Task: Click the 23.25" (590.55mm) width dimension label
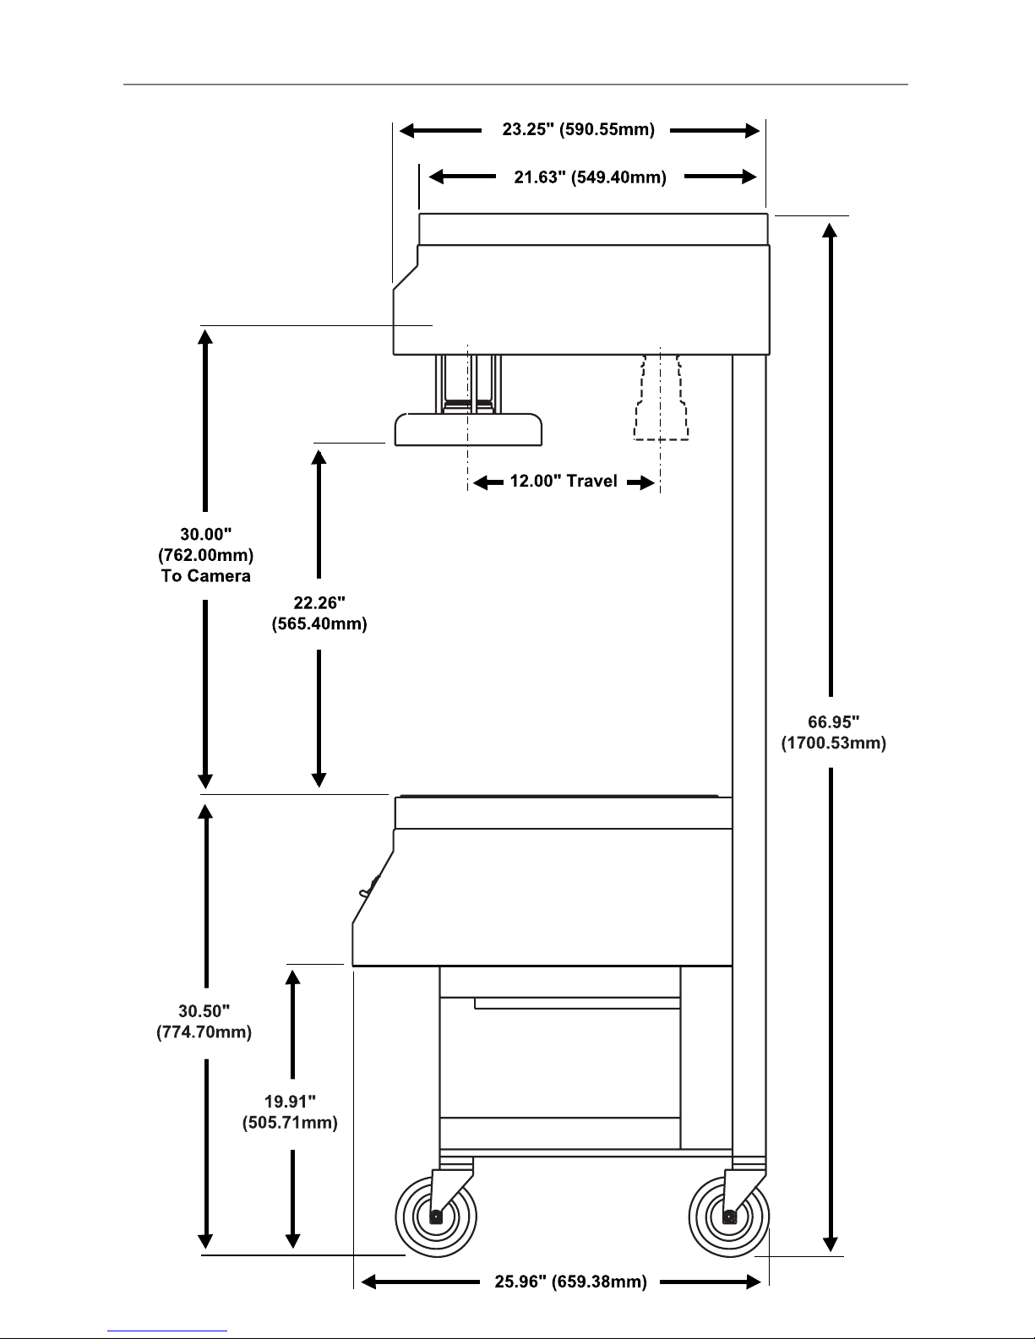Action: click(579, 130)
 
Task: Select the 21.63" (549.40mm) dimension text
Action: click(591, 177)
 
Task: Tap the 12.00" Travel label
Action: click(564, 482)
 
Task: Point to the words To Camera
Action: click(206, 576)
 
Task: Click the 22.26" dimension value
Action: click(319, 602)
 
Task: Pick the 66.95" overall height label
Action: click(834, 721)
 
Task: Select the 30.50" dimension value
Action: click(204, 1011)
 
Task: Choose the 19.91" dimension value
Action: click(290, 1101)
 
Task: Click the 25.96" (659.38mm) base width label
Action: click(570, 1282)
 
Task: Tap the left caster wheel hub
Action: click(436, 1217)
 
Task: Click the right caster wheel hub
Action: click(729, 1217)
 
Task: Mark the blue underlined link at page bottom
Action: click(167, 1331)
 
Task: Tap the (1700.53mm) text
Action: click(834, 743)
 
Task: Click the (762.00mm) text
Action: click(206, 555)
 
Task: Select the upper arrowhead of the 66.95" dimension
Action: click(831, 231)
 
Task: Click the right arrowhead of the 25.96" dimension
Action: click(754, 1282)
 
